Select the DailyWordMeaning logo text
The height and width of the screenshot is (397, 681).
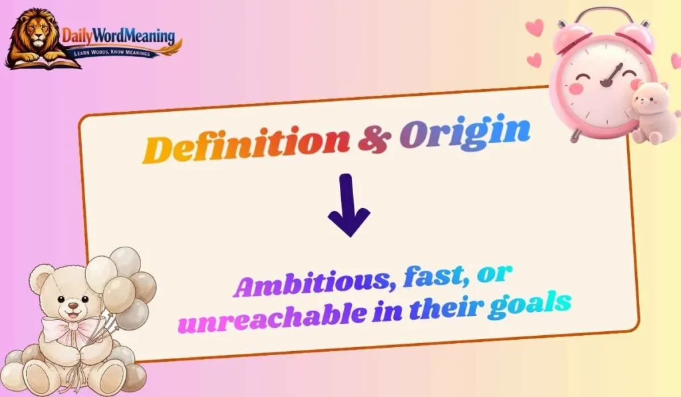point(118,37)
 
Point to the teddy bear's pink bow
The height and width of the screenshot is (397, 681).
point(68,327)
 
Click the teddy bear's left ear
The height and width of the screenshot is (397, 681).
point(41,277)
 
